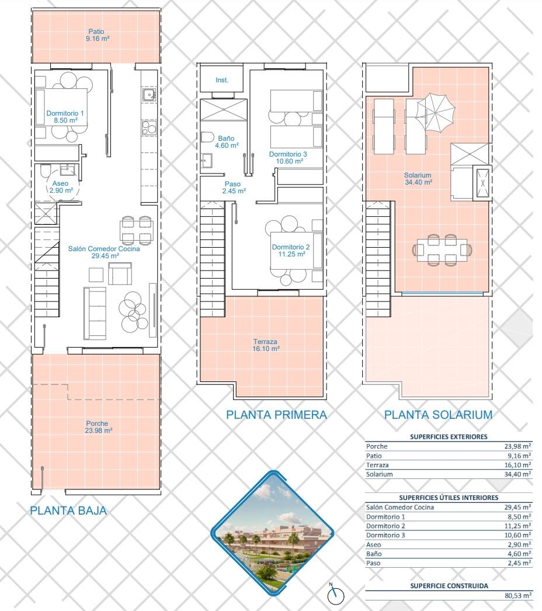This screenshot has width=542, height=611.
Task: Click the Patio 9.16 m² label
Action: tap(97, 35)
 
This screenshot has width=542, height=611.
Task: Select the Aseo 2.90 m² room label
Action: tap(61, 187)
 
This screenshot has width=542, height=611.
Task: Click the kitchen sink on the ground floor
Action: tap(148, 95)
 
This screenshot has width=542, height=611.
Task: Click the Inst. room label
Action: tap(222, 80)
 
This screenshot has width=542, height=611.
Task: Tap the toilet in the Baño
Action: tap(207, 137)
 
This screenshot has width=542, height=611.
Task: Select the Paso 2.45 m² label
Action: tap(234, 188)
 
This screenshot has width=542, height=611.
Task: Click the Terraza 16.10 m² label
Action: tap(266, 345)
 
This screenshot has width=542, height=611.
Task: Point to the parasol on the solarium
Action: tap(435, 113)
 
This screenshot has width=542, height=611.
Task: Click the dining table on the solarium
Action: tap(442, 249)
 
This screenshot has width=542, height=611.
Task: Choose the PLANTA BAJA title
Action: tap(68, 511)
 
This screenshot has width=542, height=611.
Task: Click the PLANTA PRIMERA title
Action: tap(276, 415)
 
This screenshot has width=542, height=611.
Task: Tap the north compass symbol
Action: tap(336, 595)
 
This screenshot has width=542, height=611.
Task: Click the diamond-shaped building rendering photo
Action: tap(272, 533)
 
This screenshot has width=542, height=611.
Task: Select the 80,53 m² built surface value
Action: tap(518, 595)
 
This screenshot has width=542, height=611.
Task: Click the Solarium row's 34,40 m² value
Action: tap(518, 474)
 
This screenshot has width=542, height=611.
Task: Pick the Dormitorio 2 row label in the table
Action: tap(385, 526)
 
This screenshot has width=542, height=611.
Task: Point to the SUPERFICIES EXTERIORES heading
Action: tap(449, 437)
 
